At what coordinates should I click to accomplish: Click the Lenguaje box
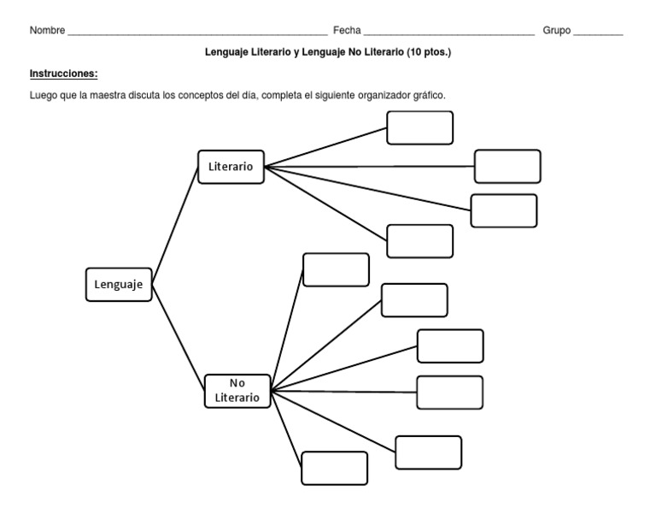pos(118,285)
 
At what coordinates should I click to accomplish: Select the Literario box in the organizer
pos(231,167)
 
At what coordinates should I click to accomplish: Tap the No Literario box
pos(237,391)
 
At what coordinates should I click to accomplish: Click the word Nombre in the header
pos(46,31)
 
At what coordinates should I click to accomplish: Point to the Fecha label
pos(346,31)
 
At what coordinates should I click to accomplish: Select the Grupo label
pos(556,31)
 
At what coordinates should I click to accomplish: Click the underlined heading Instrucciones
pos(63,74)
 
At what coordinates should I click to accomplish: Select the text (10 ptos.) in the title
pos(425,52)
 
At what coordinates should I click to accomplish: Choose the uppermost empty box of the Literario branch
pos(419,127)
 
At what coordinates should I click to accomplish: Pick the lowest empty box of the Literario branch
pos(419,240)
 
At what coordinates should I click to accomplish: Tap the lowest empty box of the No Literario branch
pos(334,468)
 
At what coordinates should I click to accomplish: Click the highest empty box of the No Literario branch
pos(336,269)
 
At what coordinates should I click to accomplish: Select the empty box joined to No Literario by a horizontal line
pos(449,393)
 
